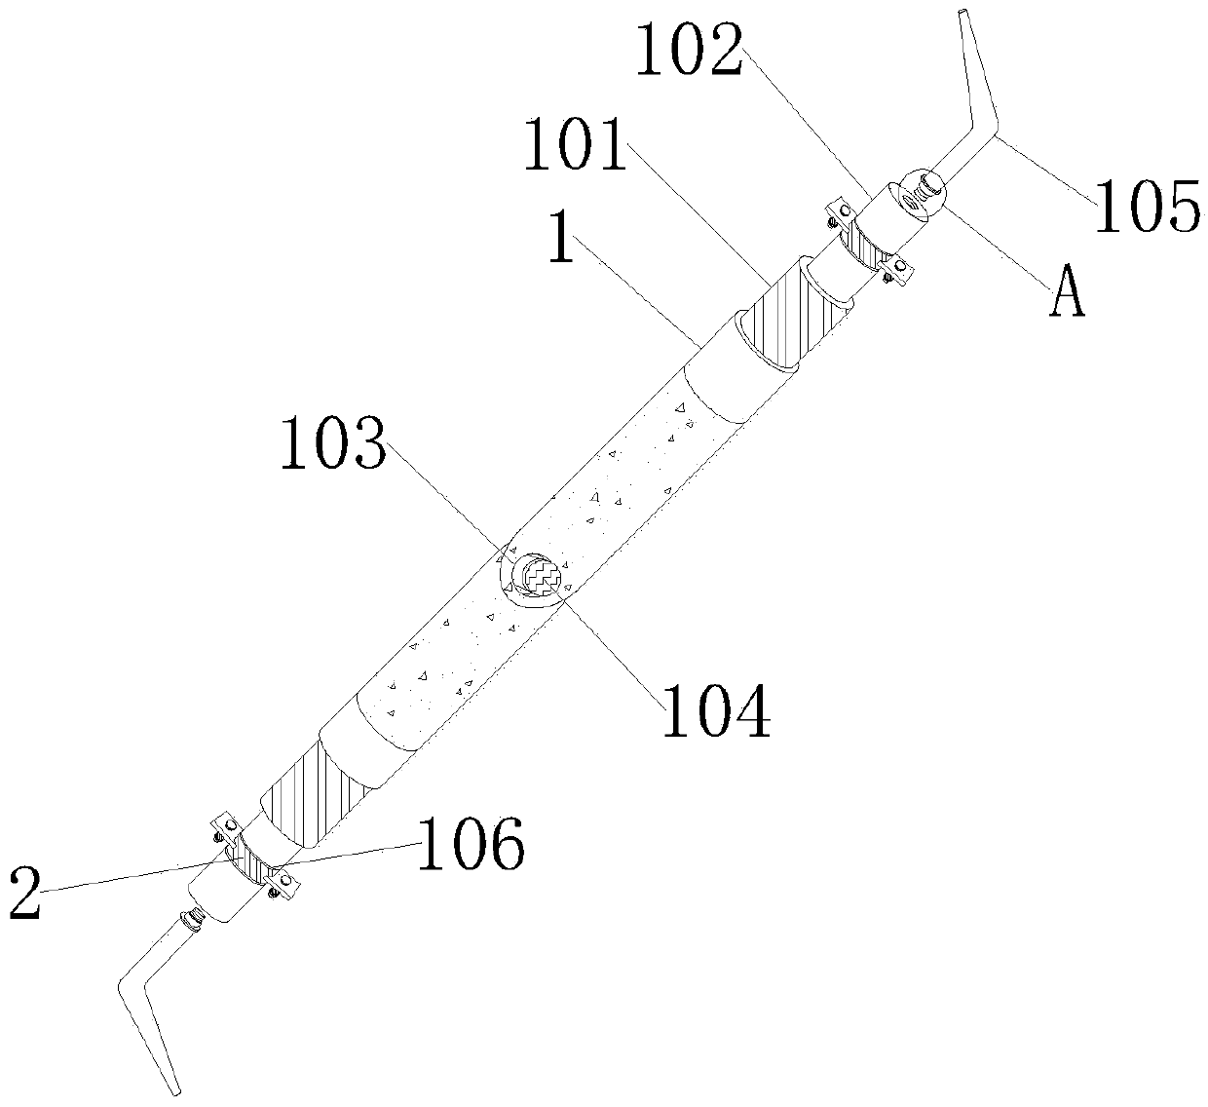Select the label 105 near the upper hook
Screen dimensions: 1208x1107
[1147, 208]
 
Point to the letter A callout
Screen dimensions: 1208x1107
[1067, 295]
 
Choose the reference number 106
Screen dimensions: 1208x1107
[472, 844]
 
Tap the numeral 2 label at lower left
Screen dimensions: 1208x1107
[25, 895]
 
